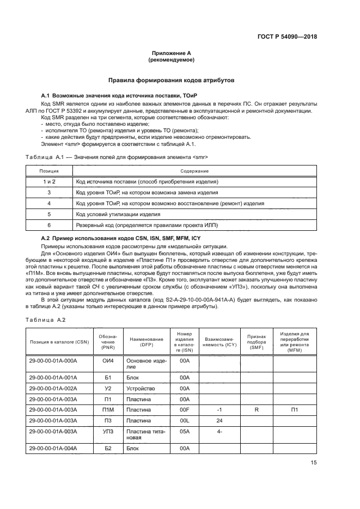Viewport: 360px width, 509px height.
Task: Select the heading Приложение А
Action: tap(171, 53)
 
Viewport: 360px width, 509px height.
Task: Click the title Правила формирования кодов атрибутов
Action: tap(171, 80)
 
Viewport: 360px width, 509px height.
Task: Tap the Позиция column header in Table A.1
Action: tap(49, 171)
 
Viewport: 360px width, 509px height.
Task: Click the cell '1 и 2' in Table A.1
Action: tap(49, 182)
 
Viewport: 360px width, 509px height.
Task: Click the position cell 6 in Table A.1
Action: tap(49, 225)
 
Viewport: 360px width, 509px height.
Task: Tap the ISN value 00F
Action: tap(184, 409)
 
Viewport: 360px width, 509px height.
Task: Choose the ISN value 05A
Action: tap(184, 431)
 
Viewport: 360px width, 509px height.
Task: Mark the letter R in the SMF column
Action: tap(256, 409)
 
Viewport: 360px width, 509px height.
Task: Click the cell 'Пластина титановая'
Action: tap(141, 434)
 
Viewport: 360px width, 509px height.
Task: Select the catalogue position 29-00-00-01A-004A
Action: tap(53, 447)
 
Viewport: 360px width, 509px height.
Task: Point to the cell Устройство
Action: tap(141, 388)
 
